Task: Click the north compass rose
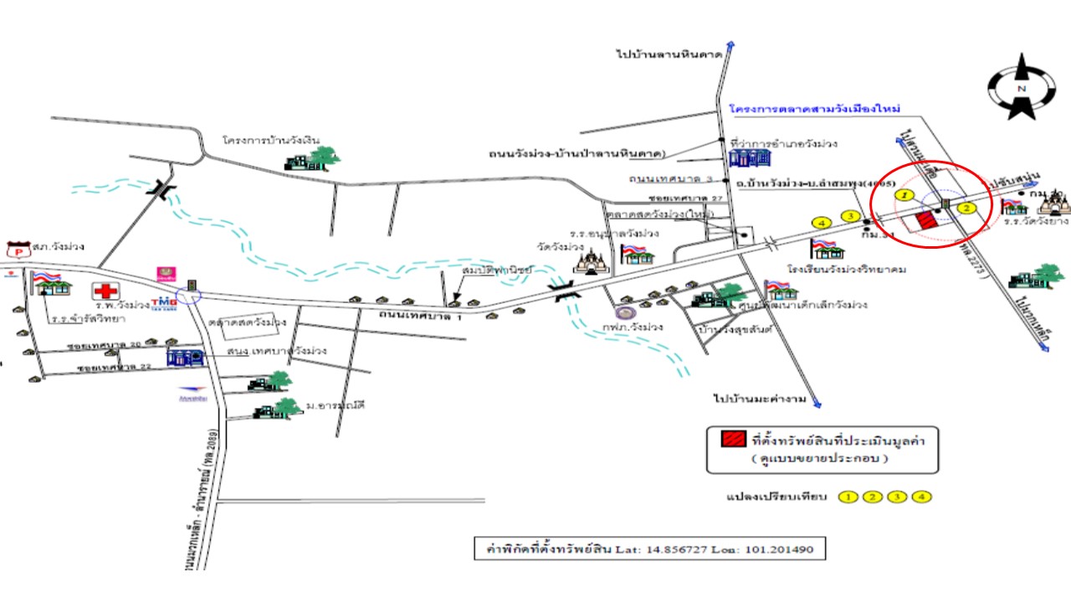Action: point(1021,87)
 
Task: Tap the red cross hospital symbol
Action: point(105,291)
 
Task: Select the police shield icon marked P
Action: point(16,249)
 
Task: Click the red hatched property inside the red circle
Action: point(925,221)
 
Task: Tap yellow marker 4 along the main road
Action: point(822,223)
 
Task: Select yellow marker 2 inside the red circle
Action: point(966,207)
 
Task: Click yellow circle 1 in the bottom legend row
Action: point(848,497)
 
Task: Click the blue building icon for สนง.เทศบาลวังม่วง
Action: point(185,357)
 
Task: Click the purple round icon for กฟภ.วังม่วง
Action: point(619,313)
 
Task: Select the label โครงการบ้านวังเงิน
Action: point(271,140)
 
